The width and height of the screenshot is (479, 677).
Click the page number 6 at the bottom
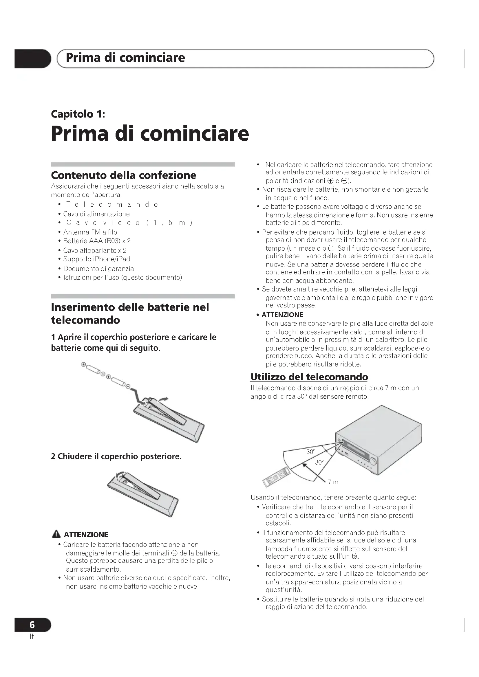pyautogui.click(x=32, y=625)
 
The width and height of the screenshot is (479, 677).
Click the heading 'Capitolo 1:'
pyautogui.click(x=78, y=114)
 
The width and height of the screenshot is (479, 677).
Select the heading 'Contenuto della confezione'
pyautogui.click(x=124, y=175)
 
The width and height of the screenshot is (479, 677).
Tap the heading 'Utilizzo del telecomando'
pyautogui.click(x=309, y=377)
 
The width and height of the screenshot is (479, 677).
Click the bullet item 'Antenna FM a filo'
pyautogui.click(x=90, y=232)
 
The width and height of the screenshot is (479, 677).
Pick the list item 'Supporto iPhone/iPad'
pyautogui.click(x=96, y=259)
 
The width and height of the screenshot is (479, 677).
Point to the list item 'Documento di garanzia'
pyautogui.click(x=98, y=269)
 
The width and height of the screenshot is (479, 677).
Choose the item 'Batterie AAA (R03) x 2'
pyautogui.click(x=97, y=241)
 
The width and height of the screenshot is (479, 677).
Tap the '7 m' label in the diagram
pyautogui.click(x=333, y=482)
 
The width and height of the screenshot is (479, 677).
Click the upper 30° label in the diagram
pyautogui.click(x=310, y=452)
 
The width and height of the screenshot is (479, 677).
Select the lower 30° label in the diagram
pyautogui.click(x=319, y=462)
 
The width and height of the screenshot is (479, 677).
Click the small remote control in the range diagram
pyautogui.click(x=276, y=477)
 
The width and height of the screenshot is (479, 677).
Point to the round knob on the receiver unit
pyautogui.click(x=373, y=460)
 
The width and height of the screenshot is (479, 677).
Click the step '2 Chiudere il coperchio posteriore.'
pyautogui.click(x=116, y=456)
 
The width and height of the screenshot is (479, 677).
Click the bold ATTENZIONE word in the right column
pyautogui.click(x=282, y=315)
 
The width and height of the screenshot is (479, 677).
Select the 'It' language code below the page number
pyautogui.click(x=32, y=636)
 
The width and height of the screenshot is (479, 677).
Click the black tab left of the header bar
pyautogui.click(x=32, y=59)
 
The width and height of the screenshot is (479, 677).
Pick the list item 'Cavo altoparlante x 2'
pyautogui.click(x=95, y=250)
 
